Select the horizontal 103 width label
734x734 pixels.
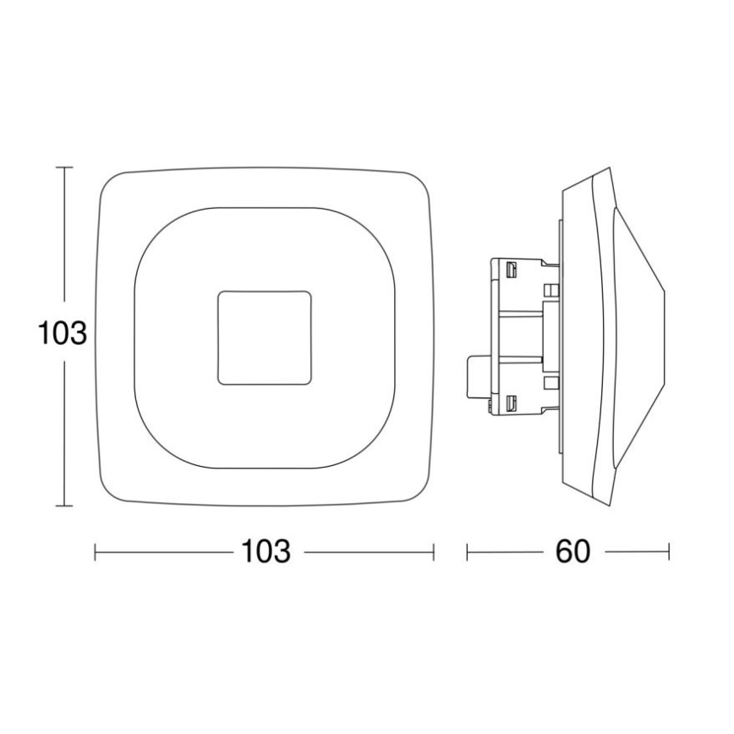(x=266, y=551)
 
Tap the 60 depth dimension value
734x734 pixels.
(x=572, y=551)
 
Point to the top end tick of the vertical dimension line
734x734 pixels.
(x=63, y=168)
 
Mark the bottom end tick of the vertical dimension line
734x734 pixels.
(x=63, y=506)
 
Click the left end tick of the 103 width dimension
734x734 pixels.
(x=95, y=552)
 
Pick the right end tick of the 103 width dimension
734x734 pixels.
(x=434, y=552)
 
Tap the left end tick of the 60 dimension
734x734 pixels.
(x=468, y=552)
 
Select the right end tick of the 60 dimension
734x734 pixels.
(x=669, y=552)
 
